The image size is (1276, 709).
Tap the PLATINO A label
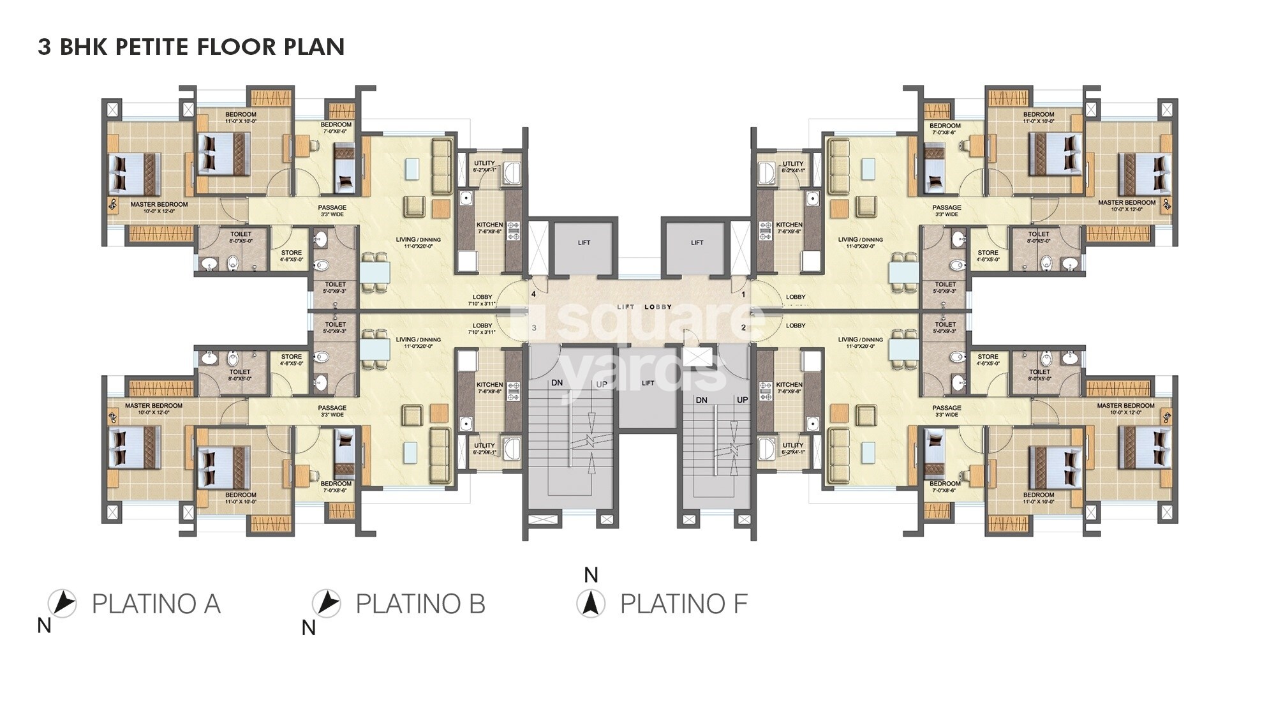point(156,604)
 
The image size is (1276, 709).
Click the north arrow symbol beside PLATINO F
point(591,603)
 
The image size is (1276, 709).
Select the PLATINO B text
point(420,604)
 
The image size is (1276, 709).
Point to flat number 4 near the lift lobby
point(534,294)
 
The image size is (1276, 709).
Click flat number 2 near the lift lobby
point(743,328)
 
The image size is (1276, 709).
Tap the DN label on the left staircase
point(557,383)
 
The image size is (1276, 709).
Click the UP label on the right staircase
point(742,400)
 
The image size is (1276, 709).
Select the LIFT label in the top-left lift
point(584,243)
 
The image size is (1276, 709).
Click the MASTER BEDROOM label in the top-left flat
point(159,205)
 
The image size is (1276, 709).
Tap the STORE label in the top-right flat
point(988,253)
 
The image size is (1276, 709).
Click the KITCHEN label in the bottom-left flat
point(489,385)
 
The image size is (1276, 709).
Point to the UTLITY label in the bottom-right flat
point(793,445)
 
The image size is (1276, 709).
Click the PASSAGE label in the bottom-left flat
point(332,408)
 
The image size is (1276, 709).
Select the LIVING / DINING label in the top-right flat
point(856,240)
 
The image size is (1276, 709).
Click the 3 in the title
point(44,47)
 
